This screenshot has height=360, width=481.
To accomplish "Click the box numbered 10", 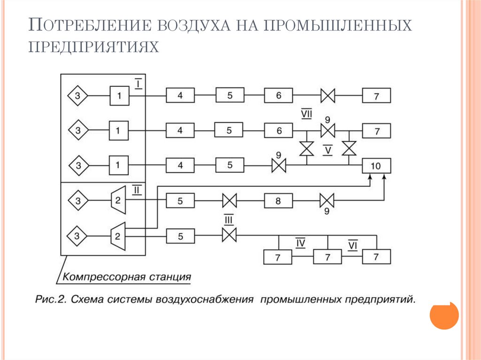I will (x=376, y=166).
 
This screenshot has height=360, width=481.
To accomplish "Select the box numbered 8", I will (x=278, y=201).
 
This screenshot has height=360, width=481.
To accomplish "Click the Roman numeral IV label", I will (x=301, y=243).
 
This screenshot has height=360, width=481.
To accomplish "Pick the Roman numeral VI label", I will (x=353, y=245).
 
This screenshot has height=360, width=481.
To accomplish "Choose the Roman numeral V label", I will (x=328, y=150).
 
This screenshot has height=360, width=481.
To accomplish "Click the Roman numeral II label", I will (x=137, y=190).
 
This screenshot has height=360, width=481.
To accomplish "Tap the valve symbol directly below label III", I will (x=229, y=234).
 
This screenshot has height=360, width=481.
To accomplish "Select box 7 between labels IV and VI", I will (x=327, y=257).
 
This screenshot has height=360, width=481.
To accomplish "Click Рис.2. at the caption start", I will (x=51, y=299).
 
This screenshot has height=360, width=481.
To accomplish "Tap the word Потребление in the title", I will (x=92, y=26).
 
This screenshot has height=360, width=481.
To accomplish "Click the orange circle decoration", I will (x=444, y=315).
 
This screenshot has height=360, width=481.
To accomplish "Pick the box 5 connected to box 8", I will (x=180, y=201).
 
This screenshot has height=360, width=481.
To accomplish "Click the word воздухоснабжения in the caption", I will (x=206, y=299).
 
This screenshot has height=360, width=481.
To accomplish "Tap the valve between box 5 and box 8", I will (x=229, y=201).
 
